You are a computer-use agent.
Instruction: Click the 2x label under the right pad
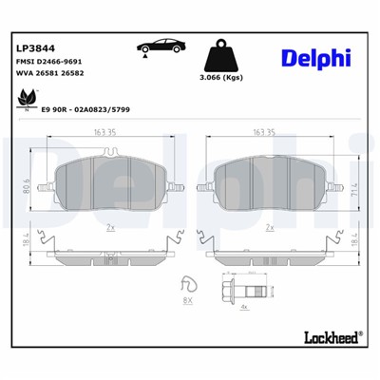270,228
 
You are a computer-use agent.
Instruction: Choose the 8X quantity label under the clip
186,300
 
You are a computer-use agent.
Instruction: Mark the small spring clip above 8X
187,283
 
